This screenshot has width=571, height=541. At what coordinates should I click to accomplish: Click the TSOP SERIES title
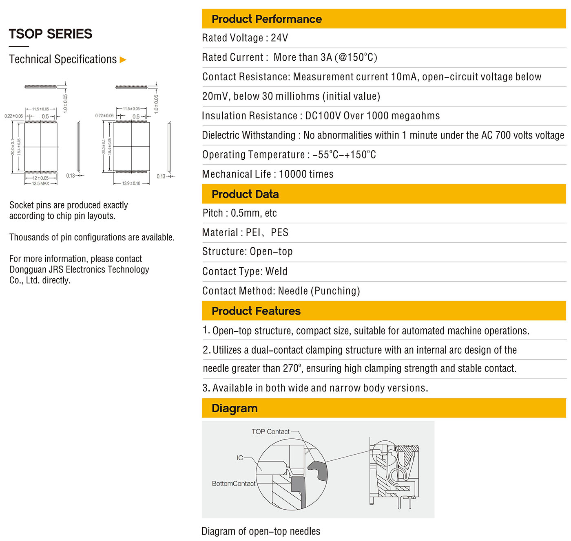(x=51, y=34)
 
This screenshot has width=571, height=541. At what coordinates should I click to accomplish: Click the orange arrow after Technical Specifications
(x=123, y=60)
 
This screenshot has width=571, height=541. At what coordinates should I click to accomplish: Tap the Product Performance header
(x=266, y=19)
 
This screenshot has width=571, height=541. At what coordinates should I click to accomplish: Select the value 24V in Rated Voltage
(x=279, y=38)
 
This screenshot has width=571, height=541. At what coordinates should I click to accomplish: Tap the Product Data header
(x=245, y=194)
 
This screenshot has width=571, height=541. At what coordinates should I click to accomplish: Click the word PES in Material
(x=279, y=233)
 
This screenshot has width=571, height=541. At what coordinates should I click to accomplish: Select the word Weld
(x=277, y=272)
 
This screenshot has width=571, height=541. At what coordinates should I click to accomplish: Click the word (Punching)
(x=335, y=291)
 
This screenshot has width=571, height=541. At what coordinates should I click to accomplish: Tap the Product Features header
(x=256, y=311)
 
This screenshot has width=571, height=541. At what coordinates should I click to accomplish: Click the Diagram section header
(x=235, y=408)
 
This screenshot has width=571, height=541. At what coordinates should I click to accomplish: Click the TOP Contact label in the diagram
(x=270, y=431)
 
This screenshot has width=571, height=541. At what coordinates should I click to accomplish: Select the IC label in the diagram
(x=240, y=458)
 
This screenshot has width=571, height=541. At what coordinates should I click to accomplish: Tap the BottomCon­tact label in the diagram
(x=234, y=484)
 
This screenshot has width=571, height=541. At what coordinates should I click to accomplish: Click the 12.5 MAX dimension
(x=40, y=184)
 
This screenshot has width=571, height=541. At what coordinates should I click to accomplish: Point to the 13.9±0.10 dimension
(x=131, y=184)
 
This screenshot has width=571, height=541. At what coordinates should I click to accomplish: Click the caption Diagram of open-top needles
(x=261, y=531)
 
